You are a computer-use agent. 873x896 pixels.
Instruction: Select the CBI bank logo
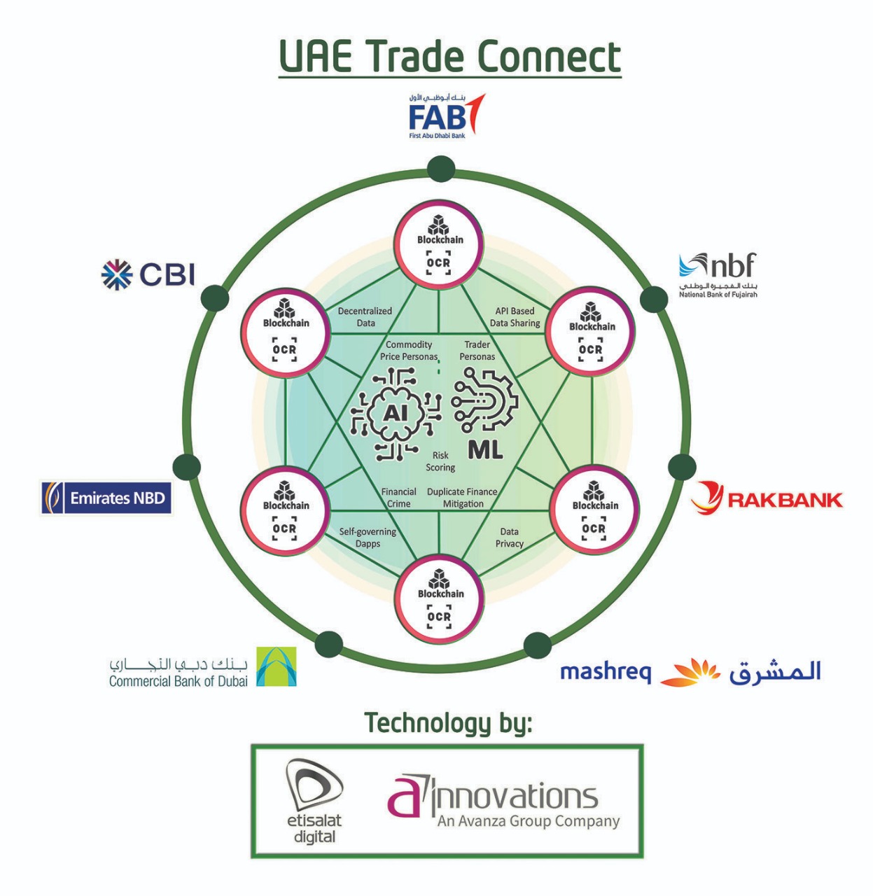[x=148, y=274]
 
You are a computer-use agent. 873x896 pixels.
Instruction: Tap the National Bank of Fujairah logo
[x=718, y=275]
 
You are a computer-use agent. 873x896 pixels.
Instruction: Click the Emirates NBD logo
[x=106, y=498]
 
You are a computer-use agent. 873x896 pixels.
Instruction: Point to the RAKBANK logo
[x=767, y=498]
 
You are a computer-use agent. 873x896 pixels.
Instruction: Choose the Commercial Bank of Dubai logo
[x=202, y=667]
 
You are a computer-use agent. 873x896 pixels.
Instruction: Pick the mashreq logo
[x=690, y=672]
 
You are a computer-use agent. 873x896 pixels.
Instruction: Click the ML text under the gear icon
[x=485, y=450]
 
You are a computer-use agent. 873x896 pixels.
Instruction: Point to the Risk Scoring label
[x=440, y=461]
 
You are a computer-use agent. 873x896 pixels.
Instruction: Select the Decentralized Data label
[x=365, y=317]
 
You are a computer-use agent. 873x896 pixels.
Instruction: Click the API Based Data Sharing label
[x=515, y=317]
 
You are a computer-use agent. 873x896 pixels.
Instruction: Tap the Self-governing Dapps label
[x=368, y=538]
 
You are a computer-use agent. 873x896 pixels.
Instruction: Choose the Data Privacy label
[x=509, y=538]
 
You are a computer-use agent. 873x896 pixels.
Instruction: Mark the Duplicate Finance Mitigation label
[x=462, y=498]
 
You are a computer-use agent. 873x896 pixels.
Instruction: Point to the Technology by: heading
[x=449, y=723]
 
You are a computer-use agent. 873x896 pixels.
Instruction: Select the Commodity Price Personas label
[x=409, y=351]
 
